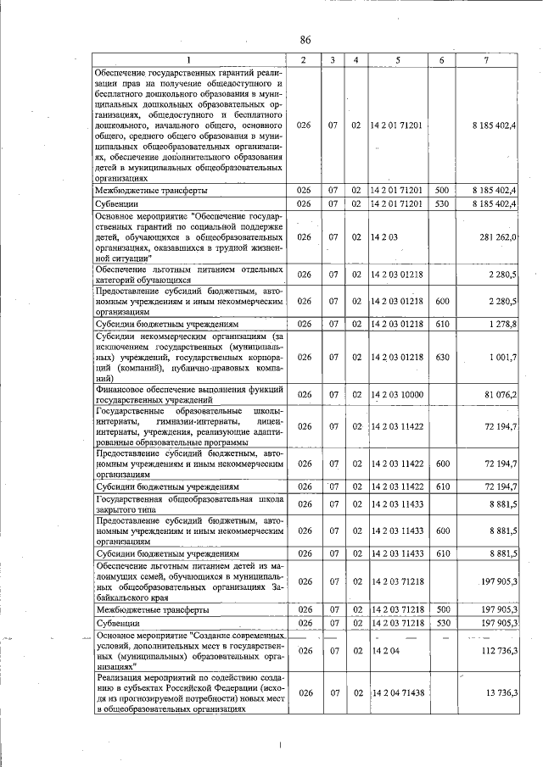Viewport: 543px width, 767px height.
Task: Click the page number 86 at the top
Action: pos(305,41)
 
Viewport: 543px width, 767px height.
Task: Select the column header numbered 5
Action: pos(396,59)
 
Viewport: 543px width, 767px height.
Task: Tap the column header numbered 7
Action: pos(485,59)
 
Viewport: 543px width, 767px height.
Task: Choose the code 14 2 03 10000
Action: pos(397,394)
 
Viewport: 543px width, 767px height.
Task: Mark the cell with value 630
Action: pos(441,358)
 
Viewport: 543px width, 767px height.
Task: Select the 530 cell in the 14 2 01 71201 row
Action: pos(441,203)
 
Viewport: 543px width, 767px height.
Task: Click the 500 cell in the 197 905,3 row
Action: pos(441,609)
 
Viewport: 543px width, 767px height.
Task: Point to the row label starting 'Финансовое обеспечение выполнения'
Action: pos(188,394)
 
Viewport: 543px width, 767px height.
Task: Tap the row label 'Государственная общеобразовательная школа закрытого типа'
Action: pos(188,505)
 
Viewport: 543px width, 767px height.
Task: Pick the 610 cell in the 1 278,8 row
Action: pos(441,324)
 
